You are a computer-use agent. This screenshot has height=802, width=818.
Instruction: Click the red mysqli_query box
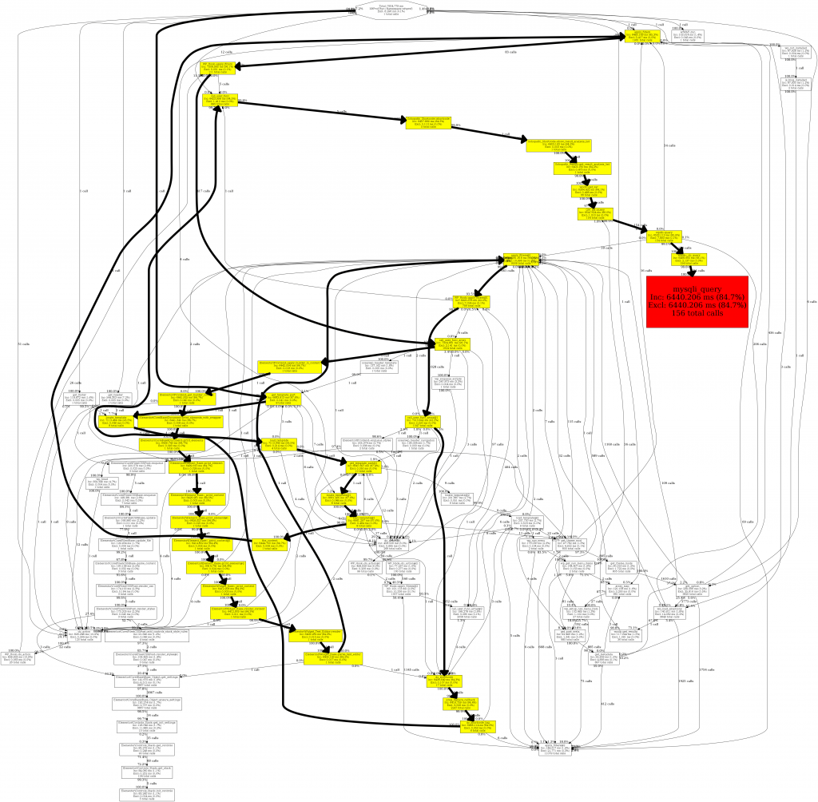click(697, 300)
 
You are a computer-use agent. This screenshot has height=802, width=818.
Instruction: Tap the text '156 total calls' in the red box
click(697, 313)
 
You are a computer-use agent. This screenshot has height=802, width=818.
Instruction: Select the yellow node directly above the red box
click(689, 260)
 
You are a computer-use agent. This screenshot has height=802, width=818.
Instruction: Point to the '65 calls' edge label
click(510, 52)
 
